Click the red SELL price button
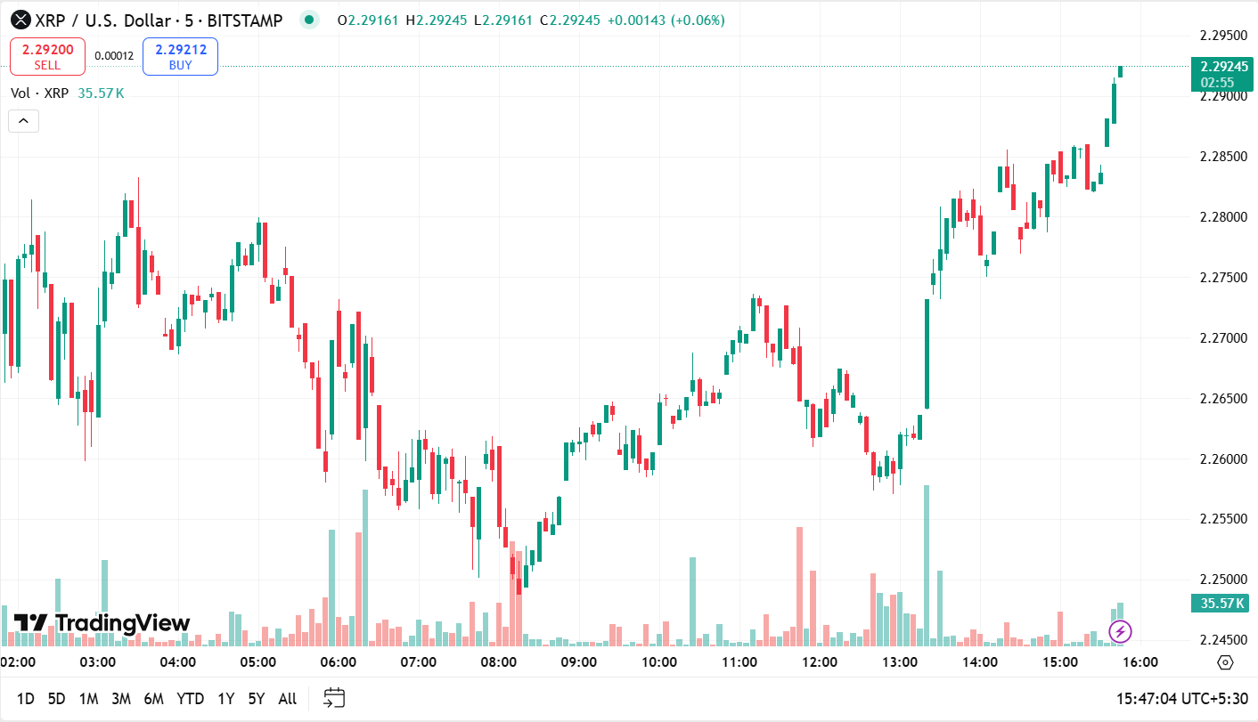[x=47, y=56]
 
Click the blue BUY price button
[x=180, y=56]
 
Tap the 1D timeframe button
[x=26, y=699]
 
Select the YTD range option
[x=190, y=699]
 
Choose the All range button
[x=287, y=699]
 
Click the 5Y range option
[x=257, y=699]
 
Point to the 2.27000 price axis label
[x=1222, y=338]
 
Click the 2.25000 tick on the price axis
[x=1222, y=580]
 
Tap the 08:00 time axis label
[x=498, y=662]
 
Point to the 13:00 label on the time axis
[x=900, y=662]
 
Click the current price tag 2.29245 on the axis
[x=1222, y=66]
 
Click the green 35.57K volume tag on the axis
[x=1222, y=604]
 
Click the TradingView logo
[x=102, y=623]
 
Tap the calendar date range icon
[x=334, y=698]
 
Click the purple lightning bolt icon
[x=1120, y=632]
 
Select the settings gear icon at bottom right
[x=1225, y=662]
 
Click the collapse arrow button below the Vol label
[x=23, y=121]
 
